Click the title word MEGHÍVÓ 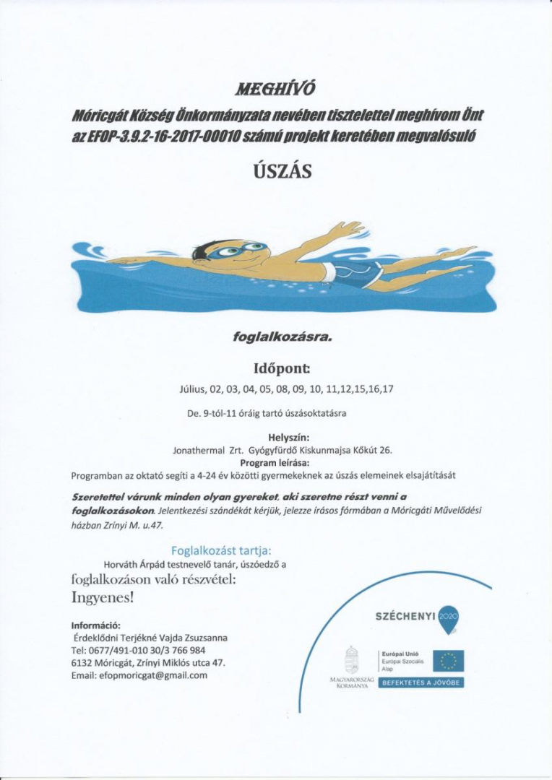[276, 90]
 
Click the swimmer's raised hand [346, 230]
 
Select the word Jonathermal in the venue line [198, 449]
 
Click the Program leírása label [280, 462]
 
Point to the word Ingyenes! [103, 598]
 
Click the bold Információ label [95, 625]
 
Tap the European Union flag [448, 659]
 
